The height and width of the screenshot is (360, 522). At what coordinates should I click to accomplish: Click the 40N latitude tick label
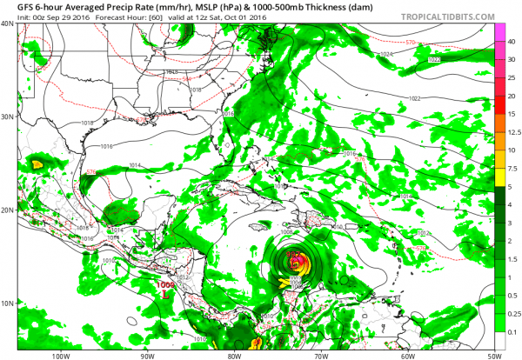[7, 23]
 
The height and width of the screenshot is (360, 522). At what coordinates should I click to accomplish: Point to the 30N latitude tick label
[7, 117]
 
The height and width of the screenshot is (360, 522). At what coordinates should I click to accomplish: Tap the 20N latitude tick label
[7, 210]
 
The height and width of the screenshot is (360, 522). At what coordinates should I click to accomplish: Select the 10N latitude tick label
[7, 303]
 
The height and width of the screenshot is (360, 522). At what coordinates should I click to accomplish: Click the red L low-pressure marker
[164, 294]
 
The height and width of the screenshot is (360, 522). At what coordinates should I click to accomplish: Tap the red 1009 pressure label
[164, 283]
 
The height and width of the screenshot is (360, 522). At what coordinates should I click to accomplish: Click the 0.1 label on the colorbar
[509, 331]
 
